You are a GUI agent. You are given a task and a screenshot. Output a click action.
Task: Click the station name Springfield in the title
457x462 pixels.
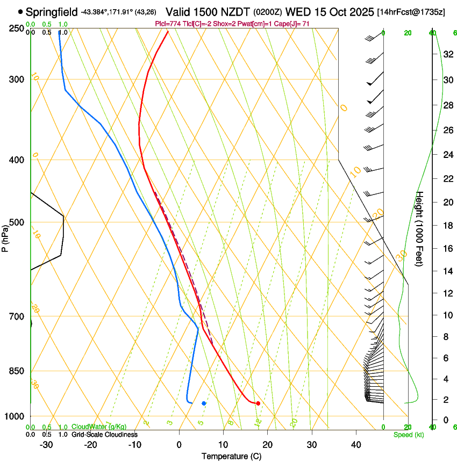click(x=52, y=11)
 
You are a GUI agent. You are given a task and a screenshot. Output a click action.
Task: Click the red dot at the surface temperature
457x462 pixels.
click(x=258, y=403)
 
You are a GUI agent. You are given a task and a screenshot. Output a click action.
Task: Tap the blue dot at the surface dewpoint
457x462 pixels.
click(x=204, y=403)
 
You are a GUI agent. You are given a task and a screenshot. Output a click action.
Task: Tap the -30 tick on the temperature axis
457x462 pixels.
click(x=46, y=444)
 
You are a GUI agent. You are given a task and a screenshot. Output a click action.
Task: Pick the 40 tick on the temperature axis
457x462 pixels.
click(x=356, y=444)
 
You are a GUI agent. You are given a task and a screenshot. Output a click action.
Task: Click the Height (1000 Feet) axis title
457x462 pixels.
click(x=420, y=229)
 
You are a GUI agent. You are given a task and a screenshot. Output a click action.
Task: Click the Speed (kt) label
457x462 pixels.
click(x=409, y=435)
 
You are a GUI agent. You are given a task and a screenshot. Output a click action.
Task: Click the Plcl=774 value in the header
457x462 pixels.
click(x=169, y=24)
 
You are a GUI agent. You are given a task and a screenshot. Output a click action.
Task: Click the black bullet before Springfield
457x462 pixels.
click(x=20, y=11)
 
